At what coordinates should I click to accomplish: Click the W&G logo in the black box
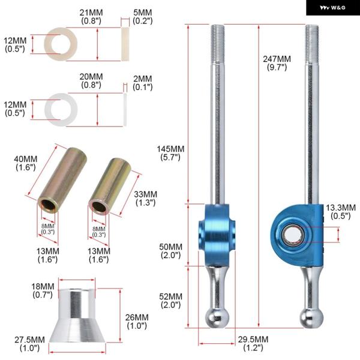click(x=332, y=8)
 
